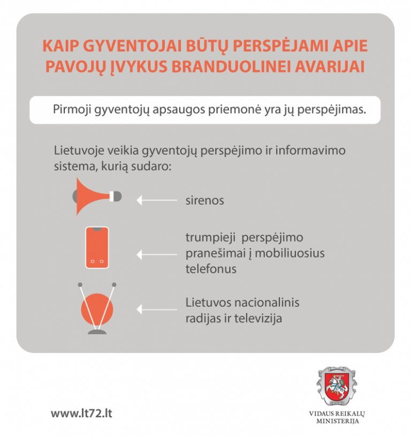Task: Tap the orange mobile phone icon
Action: (97, 247)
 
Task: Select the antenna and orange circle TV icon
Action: (96, 309)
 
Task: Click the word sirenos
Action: (204, 201)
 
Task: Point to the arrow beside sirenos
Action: (156, 200)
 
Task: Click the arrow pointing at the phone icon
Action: (156, 254)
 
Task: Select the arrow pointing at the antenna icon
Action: (156, 310)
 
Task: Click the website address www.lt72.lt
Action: (81, 414)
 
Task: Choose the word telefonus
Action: (211, 269)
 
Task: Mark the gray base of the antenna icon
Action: (97, 332)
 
